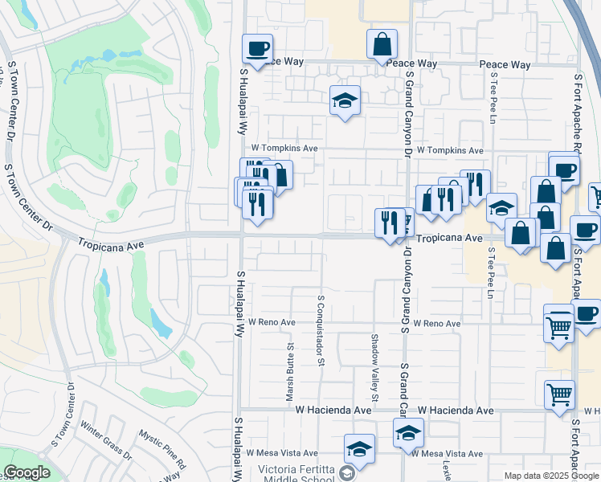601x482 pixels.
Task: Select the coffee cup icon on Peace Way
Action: pyautogui.click(x=257, y=49)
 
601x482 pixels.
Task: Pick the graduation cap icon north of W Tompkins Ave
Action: pyautogui.click(x=345, y=100)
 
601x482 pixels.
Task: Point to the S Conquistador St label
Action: pyautogui.click(x=320, y=329)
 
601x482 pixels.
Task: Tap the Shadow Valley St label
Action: pyautogui.click(x=374, y=367)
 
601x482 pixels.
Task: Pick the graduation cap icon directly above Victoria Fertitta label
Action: pyautogui.click(x=359, y=449)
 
